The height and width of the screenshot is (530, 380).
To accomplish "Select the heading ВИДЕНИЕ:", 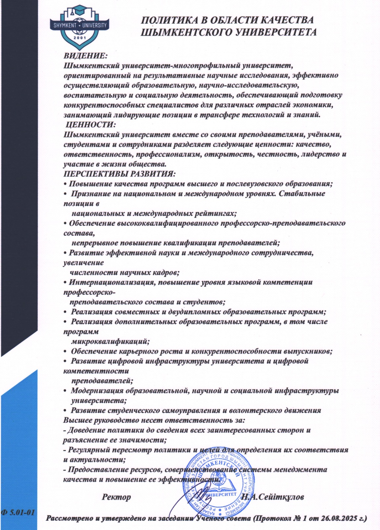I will click(x=86, y=56).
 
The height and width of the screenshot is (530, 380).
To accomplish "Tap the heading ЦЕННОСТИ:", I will click(x=91, y=125).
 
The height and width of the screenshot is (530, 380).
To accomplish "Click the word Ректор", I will click(x=117, y=497).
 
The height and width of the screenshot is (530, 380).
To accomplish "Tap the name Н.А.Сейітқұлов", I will click(x=272, y=497).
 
